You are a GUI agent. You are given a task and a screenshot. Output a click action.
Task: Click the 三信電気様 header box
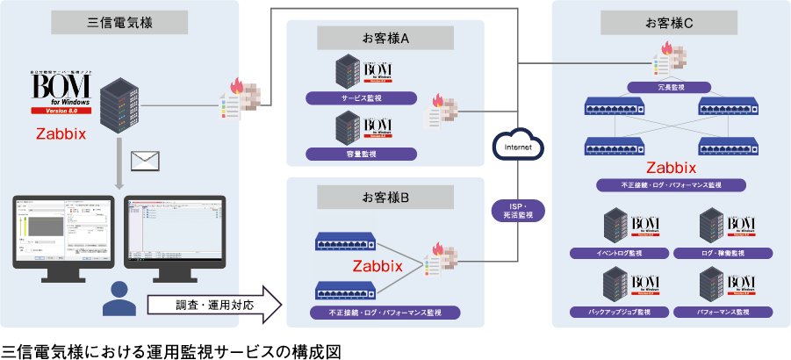(120, 22)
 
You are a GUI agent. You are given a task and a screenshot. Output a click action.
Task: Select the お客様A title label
(385, 38)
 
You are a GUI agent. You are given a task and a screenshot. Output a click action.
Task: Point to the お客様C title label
(670, 22)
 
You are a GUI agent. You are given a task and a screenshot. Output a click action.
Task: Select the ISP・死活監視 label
(519, 209)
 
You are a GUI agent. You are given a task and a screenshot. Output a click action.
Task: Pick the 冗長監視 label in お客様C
(670, 87)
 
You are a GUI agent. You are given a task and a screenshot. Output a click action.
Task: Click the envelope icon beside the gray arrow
(144, 161)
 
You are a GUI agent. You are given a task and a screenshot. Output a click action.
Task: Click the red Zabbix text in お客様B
(378, 265)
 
